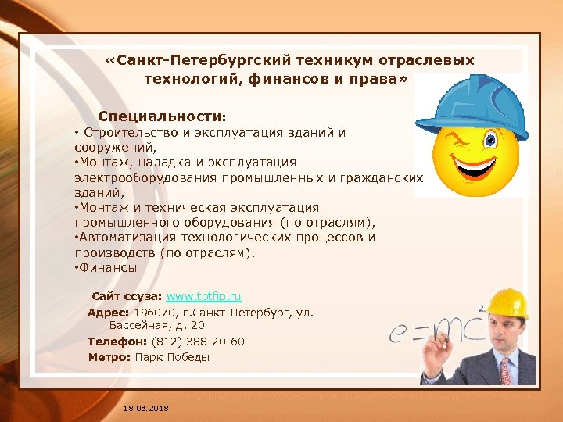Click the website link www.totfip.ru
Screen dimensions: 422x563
pyautogui.click(x=203, y=297)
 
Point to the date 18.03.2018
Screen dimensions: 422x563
pyautogui.click(x=145, y=409)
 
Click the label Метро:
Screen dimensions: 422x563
pyautogui.click(x=109, y=357)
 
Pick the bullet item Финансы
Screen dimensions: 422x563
pyautogui.click(x=108, y=267)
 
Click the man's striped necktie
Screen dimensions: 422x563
pyautogui.click(x=507, y=371)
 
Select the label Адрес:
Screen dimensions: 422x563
pyautogui.click(x=109, y=313)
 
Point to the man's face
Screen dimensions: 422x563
pyautogui.click(x=501, y=332)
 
